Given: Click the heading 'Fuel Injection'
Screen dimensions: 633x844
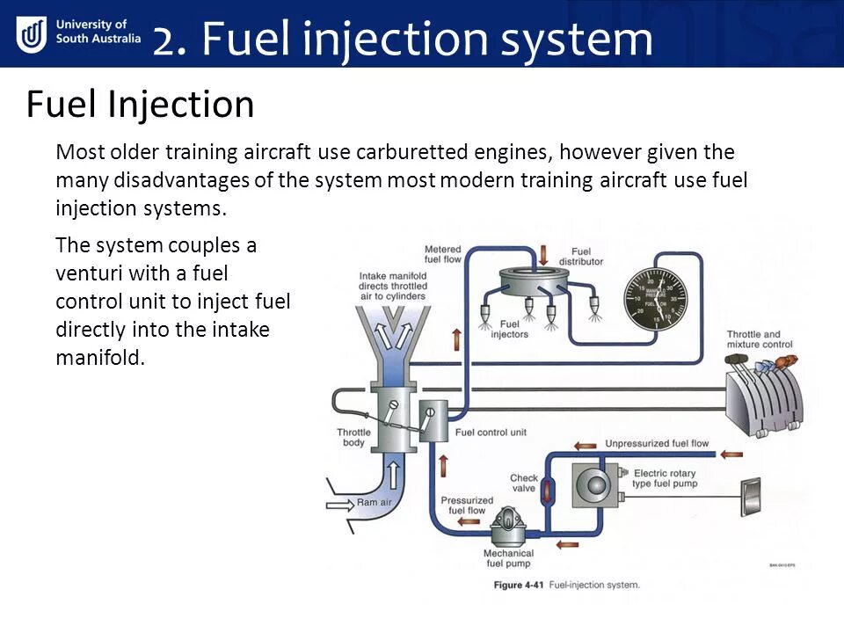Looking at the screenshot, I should pos(140,105).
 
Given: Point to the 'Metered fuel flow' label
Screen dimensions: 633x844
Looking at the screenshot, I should pos(442,254).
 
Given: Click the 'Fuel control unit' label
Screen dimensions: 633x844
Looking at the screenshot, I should pos(491,433).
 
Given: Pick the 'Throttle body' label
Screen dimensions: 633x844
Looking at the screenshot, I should pos(353,437).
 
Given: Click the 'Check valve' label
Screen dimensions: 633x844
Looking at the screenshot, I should pos(524,484).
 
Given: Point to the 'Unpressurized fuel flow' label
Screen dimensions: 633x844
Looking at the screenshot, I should pos(657,444).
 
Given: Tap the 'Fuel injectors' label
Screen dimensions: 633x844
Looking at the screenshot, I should pos(510,329).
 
